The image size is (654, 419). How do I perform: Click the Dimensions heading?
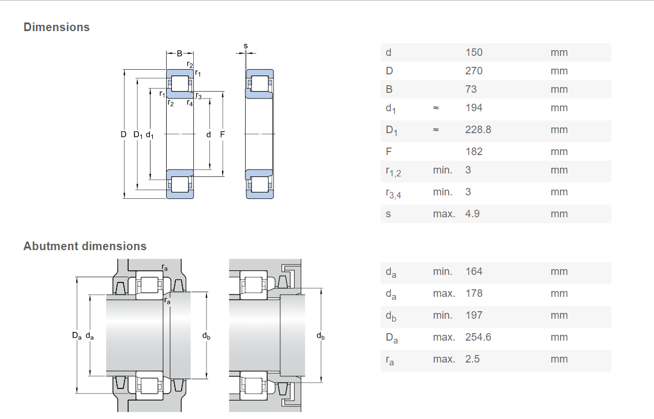(57, 27)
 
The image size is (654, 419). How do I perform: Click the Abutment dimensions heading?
(85, 246)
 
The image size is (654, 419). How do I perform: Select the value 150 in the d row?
(474, 52)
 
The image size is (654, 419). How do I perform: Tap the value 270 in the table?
(474, 71)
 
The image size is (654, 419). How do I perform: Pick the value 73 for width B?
(471, 89)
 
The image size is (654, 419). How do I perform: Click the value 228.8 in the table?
(478, 130)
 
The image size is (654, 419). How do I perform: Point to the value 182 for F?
(474, 152)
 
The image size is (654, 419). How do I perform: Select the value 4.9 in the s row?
(472, 214)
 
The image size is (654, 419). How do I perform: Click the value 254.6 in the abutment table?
(478, 337)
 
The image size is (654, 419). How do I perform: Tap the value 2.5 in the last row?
(472, 359)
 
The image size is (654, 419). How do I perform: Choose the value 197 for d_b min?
(474, 315)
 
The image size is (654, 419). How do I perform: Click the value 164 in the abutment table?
(474, 271)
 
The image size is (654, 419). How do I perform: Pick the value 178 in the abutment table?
(474, 293)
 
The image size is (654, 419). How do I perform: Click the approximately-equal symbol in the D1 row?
(436, 130)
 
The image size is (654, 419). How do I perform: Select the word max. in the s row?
(444, 214)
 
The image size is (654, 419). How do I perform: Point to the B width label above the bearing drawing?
(180, 54)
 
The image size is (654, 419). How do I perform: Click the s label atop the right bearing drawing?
(246, 46)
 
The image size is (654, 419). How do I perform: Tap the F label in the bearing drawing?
(222, 134)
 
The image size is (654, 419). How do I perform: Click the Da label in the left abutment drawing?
(77, 335)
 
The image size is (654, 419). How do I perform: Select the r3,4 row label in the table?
(393, 193)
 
